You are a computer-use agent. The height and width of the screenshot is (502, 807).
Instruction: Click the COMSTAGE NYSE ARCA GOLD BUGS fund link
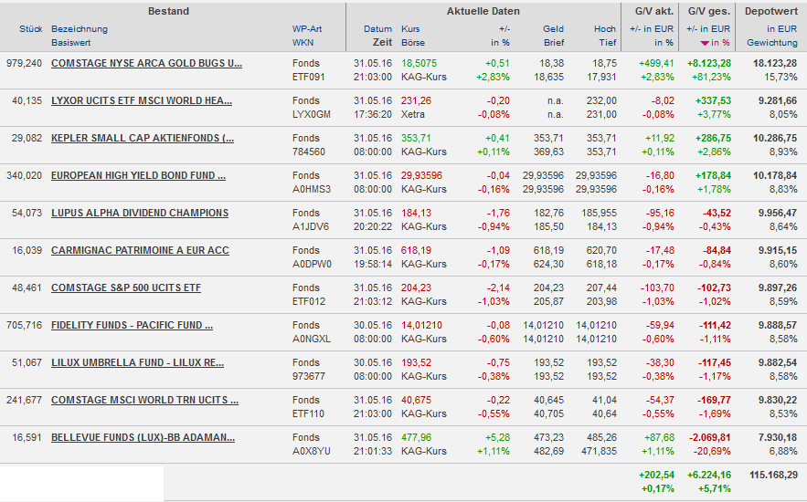[x=146, y=63]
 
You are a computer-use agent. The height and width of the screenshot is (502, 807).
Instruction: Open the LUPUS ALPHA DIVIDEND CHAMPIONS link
[x=140, y=213]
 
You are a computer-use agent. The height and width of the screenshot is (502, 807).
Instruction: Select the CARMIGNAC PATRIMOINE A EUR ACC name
[x=140, y=250]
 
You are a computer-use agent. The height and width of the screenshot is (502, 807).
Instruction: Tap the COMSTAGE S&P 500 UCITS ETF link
[x=125, y=288]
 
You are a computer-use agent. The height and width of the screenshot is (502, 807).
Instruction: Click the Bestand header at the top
[x=168, y=11]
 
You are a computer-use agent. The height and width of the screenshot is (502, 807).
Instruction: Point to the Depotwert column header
[x=771, y=11]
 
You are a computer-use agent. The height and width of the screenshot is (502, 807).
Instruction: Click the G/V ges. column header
[x=709, y=11]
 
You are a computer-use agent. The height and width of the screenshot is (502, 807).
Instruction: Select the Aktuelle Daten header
[x=483, y=11]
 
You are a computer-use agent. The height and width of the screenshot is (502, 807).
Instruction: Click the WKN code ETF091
[x=308, y=78]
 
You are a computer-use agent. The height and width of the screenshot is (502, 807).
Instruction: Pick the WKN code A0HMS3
[x=311, y=190]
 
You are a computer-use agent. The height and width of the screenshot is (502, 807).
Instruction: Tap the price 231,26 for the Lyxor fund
[x=416, y=100]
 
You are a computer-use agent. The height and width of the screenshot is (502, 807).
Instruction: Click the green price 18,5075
[x=419, y=63]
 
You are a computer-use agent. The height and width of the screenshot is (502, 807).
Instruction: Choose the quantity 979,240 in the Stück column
[x=24, y=63]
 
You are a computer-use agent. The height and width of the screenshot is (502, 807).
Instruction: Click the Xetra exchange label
[x=413, y=115]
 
